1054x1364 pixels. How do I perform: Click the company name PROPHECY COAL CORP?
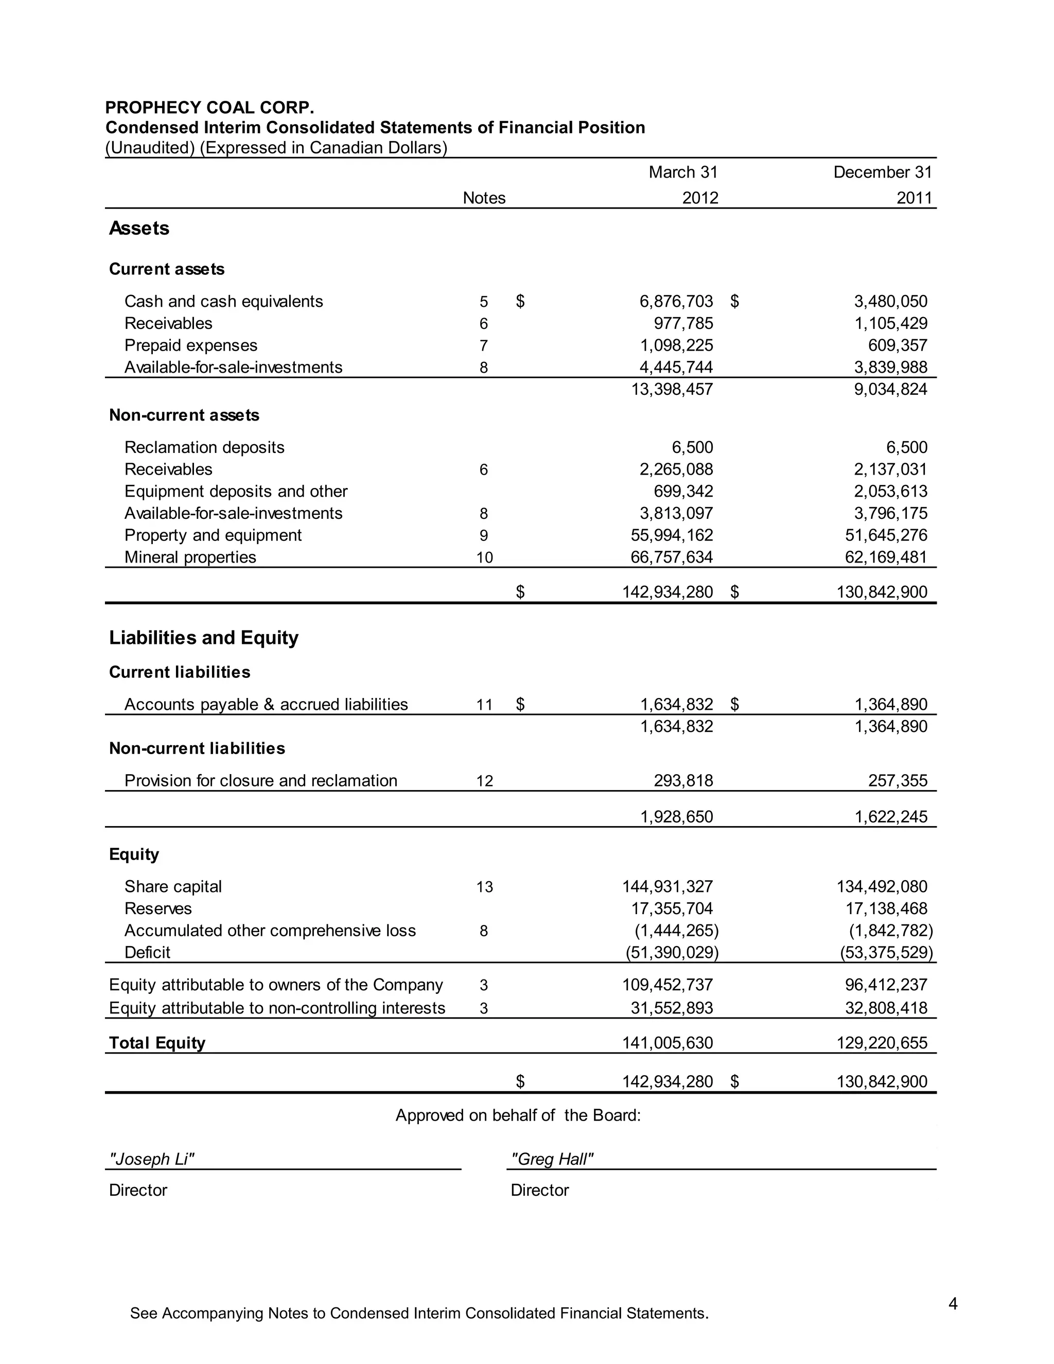(x=209, y=108)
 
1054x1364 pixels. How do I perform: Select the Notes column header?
(x=484, y=198)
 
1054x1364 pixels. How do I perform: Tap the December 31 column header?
(x=882, y=172)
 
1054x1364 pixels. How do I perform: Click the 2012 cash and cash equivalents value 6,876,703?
(x=676, y=301)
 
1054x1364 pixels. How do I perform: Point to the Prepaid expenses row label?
(x=190, y=345)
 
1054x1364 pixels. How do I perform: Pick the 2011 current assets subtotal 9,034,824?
(x=890, y=389)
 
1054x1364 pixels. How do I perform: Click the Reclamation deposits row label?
(x=204, y=447)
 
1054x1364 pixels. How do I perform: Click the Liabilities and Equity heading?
(x=204, y=638)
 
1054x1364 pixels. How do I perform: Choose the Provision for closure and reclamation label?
(x=260, y=781)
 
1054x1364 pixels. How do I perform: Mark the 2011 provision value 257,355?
(x=897, y=781)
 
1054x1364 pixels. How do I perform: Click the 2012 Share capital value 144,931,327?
(x=667, y=886)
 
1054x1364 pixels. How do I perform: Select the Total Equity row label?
(x=157, y=1043)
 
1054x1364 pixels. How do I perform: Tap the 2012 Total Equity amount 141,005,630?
(x=667, y=1043)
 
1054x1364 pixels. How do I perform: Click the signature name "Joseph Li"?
(x=152, y=1159)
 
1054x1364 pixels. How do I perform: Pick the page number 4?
(x=953, y=1303)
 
